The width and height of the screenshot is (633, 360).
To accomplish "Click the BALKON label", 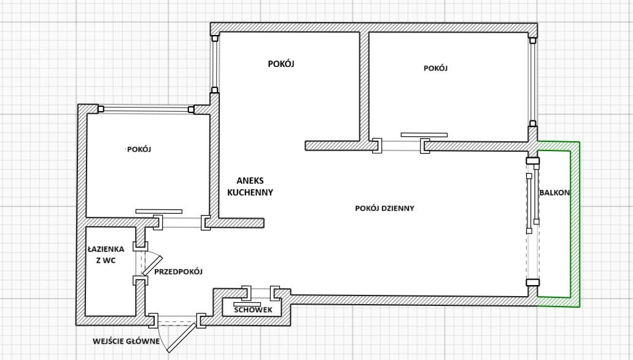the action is coord(554,193).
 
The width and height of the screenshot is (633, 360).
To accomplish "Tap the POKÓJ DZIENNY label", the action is coord(385,208).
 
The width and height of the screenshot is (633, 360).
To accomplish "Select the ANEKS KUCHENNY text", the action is coord(250,186).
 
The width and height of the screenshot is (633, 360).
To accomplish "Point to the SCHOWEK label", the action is coord(253,310).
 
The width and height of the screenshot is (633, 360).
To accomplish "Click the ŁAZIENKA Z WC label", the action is coord(106,254).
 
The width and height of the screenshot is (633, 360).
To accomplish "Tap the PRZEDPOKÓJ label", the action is coord(179,272).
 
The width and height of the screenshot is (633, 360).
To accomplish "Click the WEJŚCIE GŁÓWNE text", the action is coord(126,341).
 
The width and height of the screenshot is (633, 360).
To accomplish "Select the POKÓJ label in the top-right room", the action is coord(435,68).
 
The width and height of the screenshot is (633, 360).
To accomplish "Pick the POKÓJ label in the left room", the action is coord(139,149).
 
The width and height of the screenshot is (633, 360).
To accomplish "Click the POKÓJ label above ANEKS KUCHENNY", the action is coord(281,64).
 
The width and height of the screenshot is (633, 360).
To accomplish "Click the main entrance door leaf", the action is coord(182,338).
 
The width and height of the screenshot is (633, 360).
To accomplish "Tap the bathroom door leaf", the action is coord(153,265).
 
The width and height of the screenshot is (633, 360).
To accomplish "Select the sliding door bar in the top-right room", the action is coord(424,135).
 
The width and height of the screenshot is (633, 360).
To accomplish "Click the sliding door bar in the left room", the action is coord(158,211).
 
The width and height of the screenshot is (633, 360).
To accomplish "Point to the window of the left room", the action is coord(146,109).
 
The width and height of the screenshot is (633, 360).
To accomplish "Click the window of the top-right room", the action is coord(533,82).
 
